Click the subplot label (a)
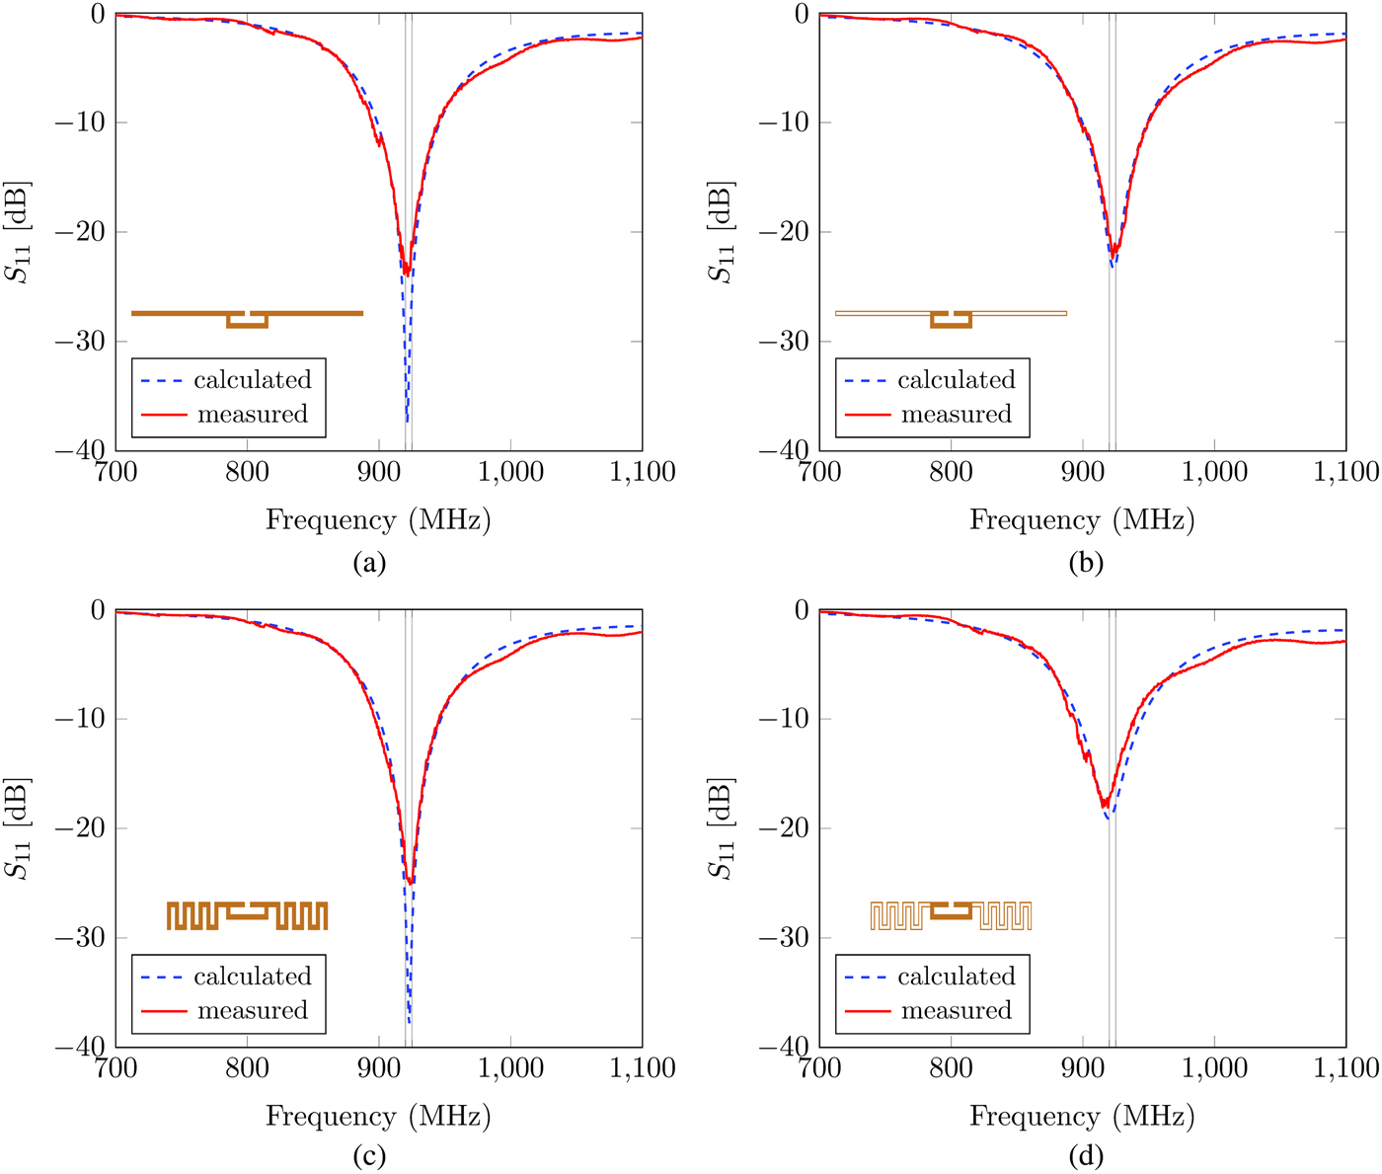[x=369, y=563]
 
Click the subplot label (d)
[x=1086, y=1155]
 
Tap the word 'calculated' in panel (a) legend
[x=252, y=380]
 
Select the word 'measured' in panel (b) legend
[x=956, y=415]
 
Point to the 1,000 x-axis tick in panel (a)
[x=510, y=472]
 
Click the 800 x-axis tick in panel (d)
[x=951, y=1068]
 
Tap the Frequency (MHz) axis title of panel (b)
[x=1082, y=520]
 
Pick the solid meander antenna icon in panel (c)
[x=247, y=915]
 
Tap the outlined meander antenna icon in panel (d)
[x=951, y=915]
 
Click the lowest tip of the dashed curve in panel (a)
[x=408, y=422]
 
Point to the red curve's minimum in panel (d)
[x=1105, y=807]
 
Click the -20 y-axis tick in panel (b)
[x=788, y=232]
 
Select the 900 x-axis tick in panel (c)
[x=379, y=1068]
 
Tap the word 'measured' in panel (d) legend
[x=956, y=1011]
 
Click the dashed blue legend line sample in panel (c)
[x=163, y=978]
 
